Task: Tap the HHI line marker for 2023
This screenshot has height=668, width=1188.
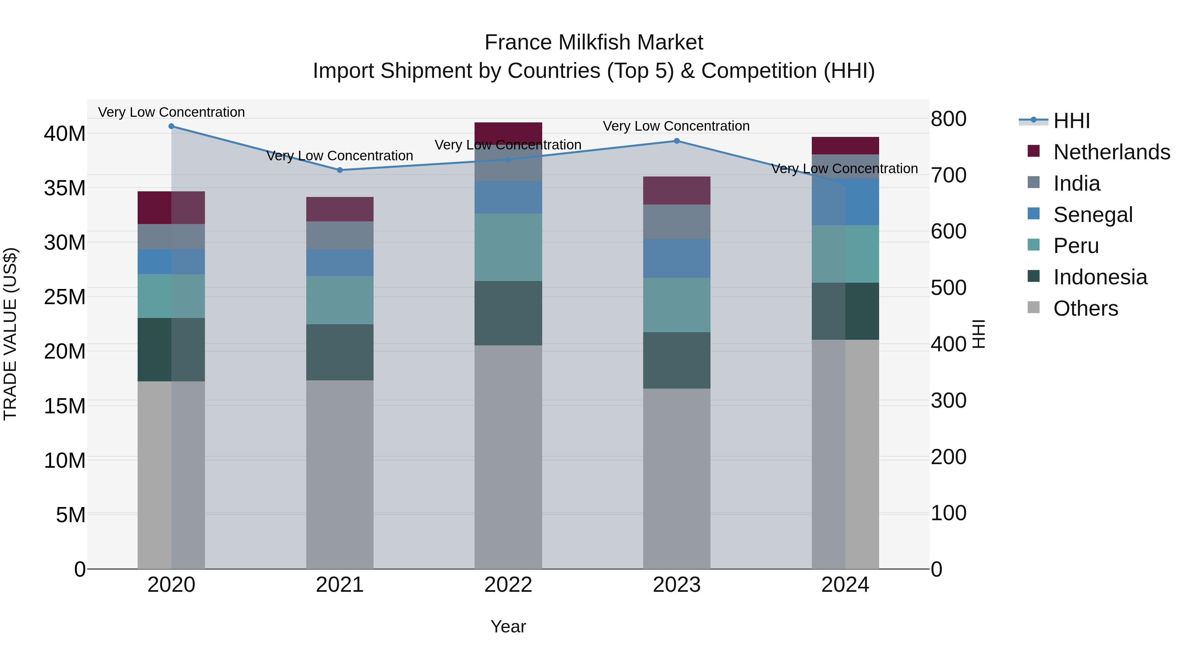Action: [x=676, y=141]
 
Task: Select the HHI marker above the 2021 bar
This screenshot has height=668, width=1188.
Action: [x=340, y=170]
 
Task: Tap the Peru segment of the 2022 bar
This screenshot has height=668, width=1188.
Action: [x=508, y=247]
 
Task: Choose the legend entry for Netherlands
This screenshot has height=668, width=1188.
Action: [x=1111, y=152]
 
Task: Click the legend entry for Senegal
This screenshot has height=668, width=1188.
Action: [x=1093, y=215]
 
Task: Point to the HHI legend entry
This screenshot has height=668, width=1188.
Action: [x=1071, y=121]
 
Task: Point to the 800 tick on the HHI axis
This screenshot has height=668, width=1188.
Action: [x=948, y=119]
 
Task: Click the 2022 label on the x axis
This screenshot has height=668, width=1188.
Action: [x=508, y=585]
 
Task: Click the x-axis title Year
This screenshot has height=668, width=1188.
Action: [x=508, y=626]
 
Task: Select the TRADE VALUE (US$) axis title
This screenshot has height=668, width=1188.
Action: [x=10, y=334]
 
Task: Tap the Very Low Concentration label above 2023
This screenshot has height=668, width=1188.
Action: [x=676, y=126]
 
